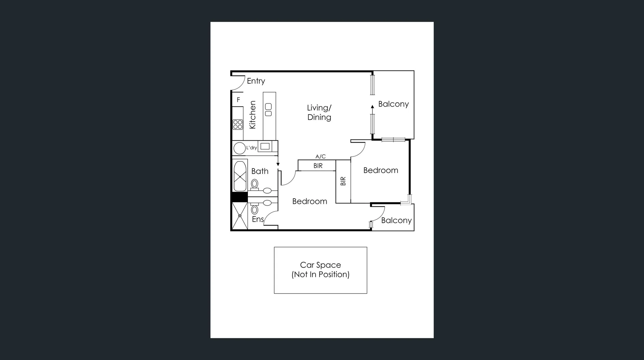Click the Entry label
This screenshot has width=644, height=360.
coord(256,81)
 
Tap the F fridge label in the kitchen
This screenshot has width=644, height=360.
coord(238,100)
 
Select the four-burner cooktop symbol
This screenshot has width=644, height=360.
coord(238,124)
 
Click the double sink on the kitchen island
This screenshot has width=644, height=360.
coord(268,110)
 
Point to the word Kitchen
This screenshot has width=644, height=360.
coord(253,115)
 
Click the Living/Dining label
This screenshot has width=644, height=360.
coord(319,112)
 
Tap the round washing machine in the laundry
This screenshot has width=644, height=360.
coord(239,148)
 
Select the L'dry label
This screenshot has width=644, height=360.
coord(252,148)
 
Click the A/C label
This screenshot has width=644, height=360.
coord(320,156)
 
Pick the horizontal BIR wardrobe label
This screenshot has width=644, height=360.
coord(318,166)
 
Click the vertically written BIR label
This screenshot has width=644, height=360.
coord(343,181)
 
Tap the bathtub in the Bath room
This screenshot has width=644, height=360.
coord(240,176)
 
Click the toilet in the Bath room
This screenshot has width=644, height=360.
coord(255,184)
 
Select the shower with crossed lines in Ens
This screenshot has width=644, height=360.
coord(239,216)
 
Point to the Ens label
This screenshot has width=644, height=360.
coord(258,219)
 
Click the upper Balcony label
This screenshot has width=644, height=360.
coord(393,104)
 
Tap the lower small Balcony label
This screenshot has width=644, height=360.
coord(396,220)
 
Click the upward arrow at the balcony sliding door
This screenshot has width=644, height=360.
coord(372,107)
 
